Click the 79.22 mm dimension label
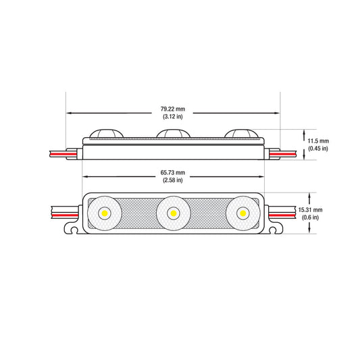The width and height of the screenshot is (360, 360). (173, 109)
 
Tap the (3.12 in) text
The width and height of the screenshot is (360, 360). (173, 116)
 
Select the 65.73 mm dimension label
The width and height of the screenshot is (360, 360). (173, 172)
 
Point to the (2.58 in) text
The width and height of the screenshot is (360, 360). (173, 180)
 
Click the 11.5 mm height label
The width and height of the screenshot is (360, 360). (318, 141)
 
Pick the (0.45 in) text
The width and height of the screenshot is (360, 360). (318, 149)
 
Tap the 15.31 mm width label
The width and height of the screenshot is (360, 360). (310, 210)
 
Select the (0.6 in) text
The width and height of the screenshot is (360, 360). (310, 217)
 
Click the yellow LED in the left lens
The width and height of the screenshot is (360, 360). (105, 213)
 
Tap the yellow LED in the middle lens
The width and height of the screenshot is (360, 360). (174, 213)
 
